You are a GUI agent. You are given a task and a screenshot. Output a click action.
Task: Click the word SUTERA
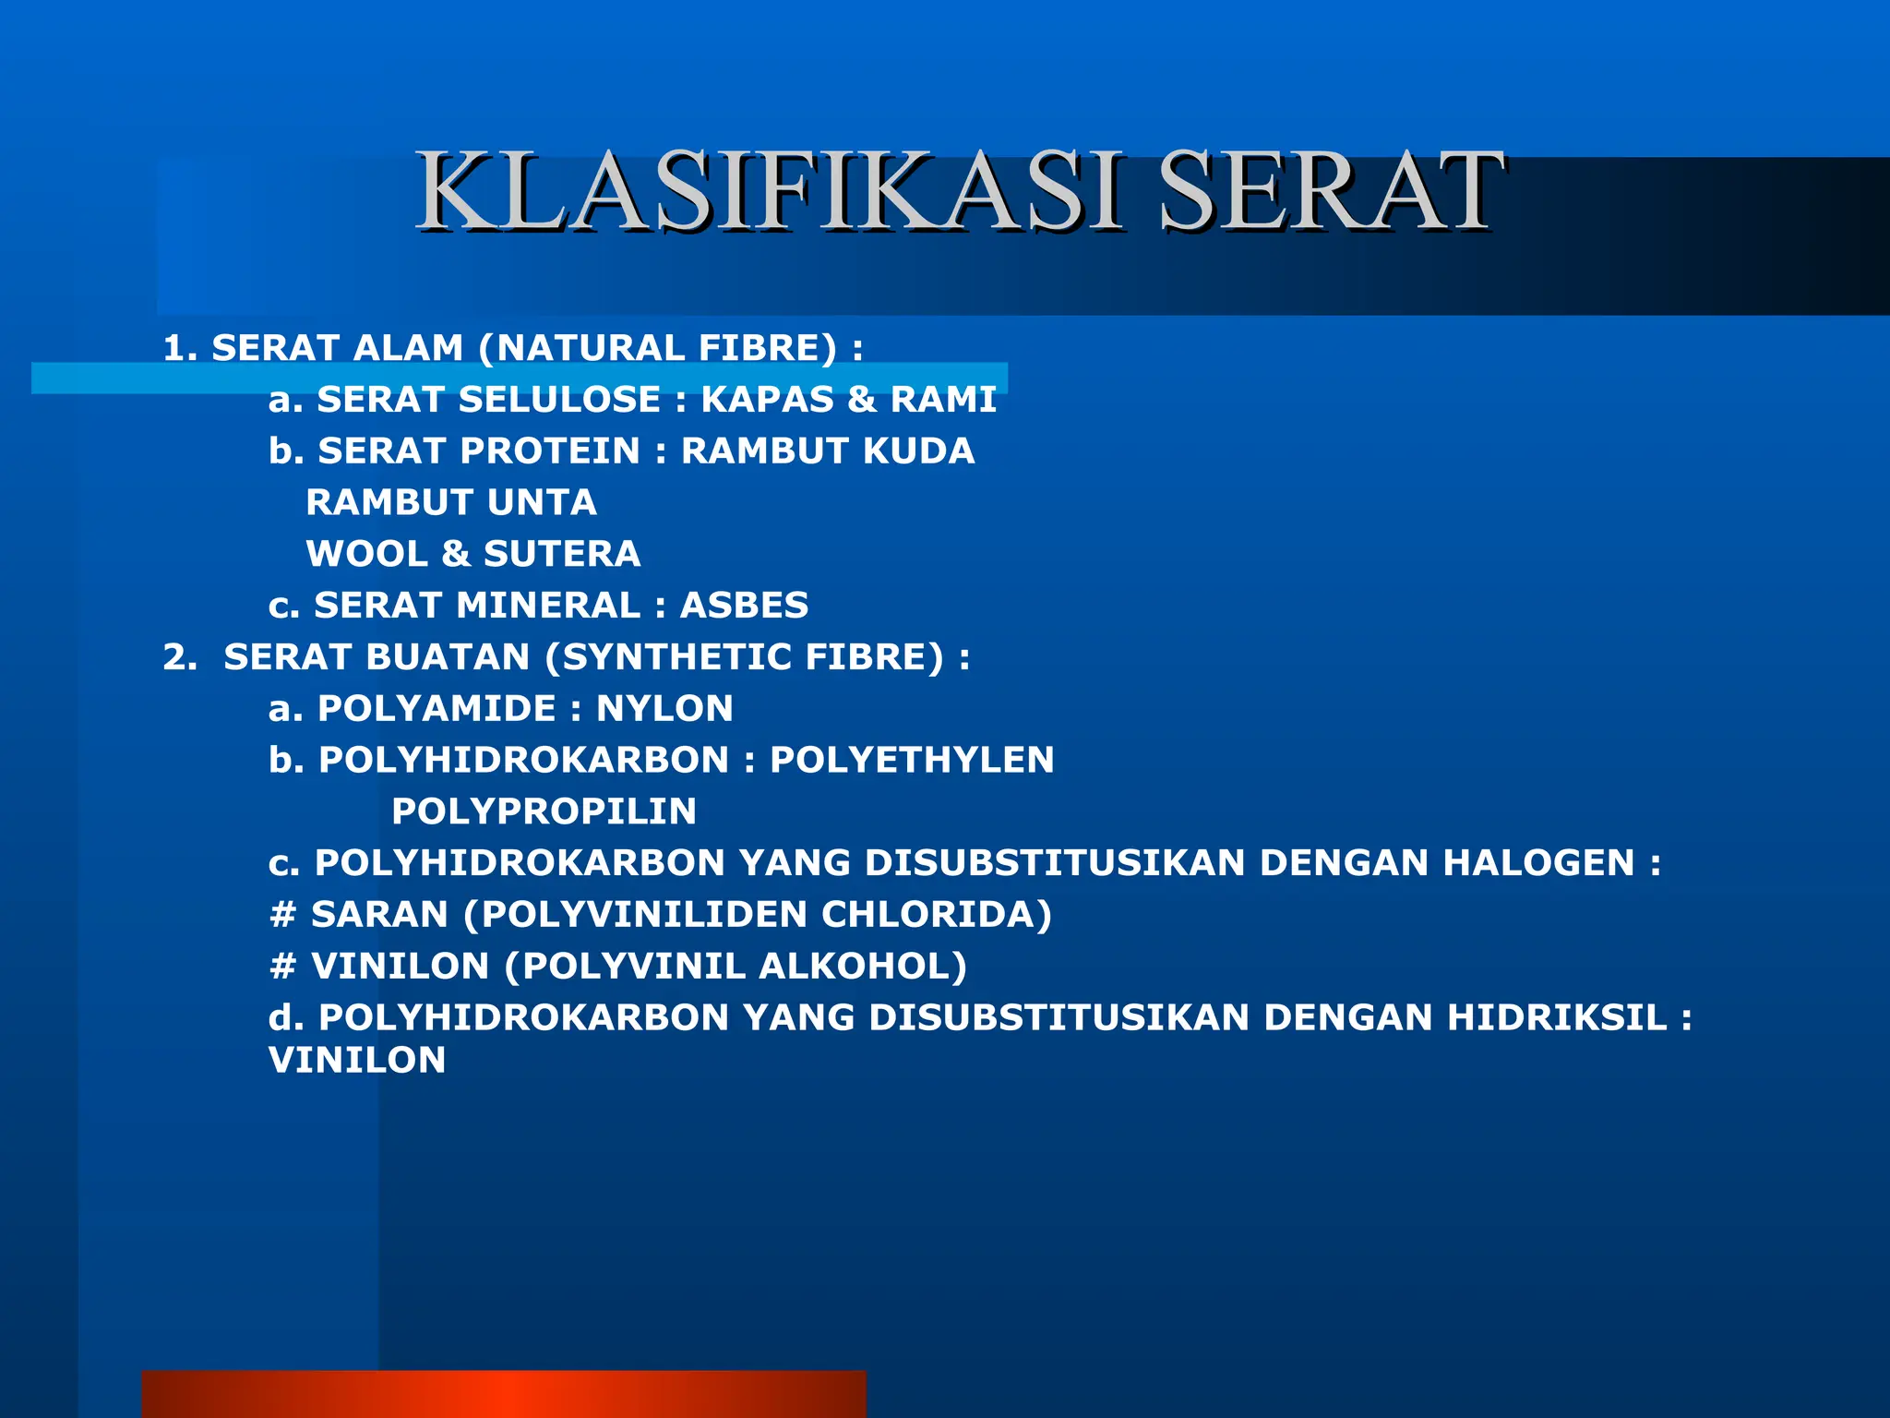561,554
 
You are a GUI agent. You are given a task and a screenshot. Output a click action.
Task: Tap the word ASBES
744,606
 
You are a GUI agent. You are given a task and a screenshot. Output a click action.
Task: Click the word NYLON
664,709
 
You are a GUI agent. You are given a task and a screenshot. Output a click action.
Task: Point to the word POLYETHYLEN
912,760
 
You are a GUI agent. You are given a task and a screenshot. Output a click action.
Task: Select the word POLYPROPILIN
544,811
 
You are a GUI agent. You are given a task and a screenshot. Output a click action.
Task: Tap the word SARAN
379,915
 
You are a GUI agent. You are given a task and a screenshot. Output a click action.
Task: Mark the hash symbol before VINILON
282,967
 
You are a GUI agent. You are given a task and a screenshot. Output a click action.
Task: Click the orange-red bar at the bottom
503,1394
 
